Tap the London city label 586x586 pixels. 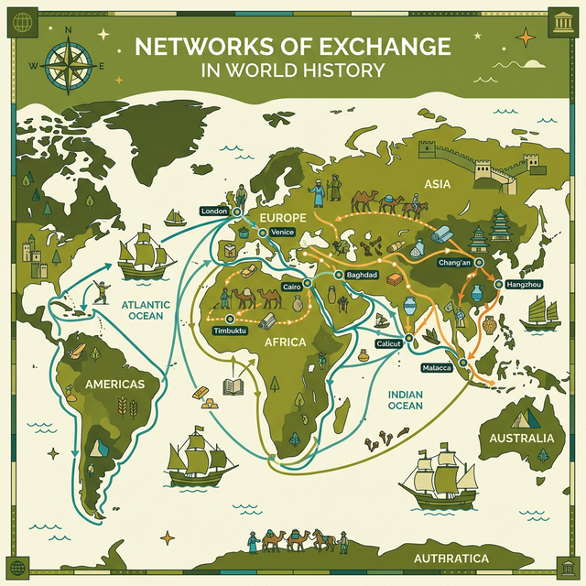pos(213,211)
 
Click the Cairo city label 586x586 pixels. pos(292,287)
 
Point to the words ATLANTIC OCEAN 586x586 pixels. pos(140,309)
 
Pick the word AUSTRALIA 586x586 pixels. pos(522,438)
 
